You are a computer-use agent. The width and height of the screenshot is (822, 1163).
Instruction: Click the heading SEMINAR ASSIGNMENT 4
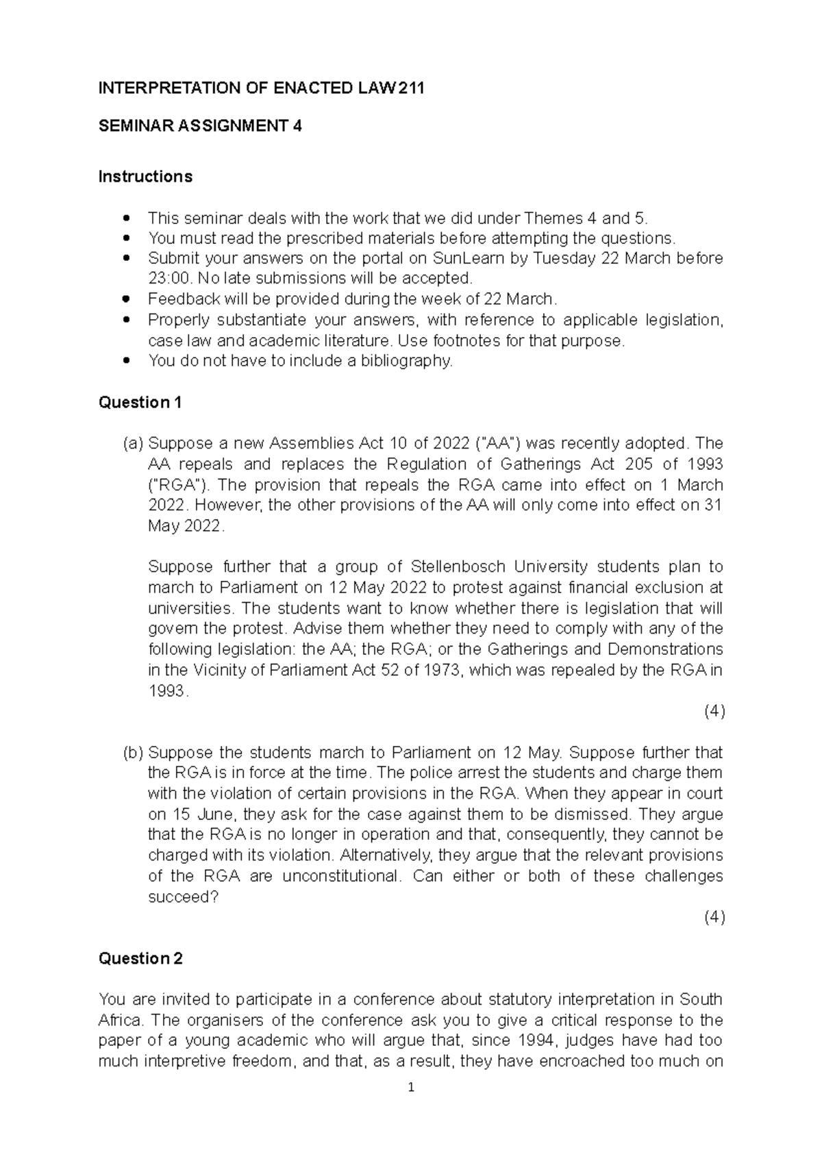click(200, 127)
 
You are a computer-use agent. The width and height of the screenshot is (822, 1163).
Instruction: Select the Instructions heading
click(145, 177)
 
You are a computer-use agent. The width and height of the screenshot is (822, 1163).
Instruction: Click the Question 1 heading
click(140, 403)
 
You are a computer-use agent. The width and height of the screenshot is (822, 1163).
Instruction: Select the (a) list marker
click(133, 443)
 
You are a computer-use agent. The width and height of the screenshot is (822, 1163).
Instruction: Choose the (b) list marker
click(133, 753)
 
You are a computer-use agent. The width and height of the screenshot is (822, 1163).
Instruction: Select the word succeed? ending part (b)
click(182, 897)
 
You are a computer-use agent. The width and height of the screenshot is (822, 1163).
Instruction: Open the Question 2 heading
click(140, 959)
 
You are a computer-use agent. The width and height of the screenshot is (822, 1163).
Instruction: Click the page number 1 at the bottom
click(410, 1087)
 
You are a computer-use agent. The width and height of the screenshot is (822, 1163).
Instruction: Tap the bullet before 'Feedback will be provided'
click(125, 299)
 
